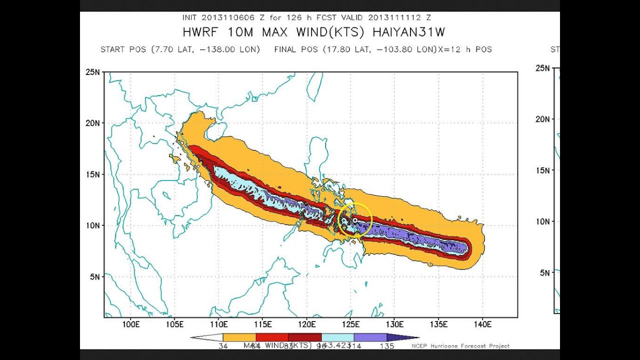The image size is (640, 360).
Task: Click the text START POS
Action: pos(123,49)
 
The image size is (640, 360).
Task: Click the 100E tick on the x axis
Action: pos(130,324)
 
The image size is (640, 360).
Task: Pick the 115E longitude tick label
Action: pos(262,324)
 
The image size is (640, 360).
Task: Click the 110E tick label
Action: pos(218,324)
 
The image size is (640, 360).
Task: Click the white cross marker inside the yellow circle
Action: pos(355,220)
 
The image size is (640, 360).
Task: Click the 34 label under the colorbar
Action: pos(223,346)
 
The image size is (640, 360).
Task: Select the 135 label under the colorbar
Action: pos(387,346)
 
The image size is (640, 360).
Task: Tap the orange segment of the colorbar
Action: pos(239,337)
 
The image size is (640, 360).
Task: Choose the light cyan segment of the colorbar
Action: pos(337,337)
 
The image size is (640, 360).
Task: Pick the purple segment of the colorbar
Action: pos(370,337)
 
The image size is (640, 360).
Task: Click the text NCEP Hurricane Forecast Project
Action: pos(460,346)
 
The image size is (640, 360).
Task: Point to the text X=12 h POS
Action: pos(464,49)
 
